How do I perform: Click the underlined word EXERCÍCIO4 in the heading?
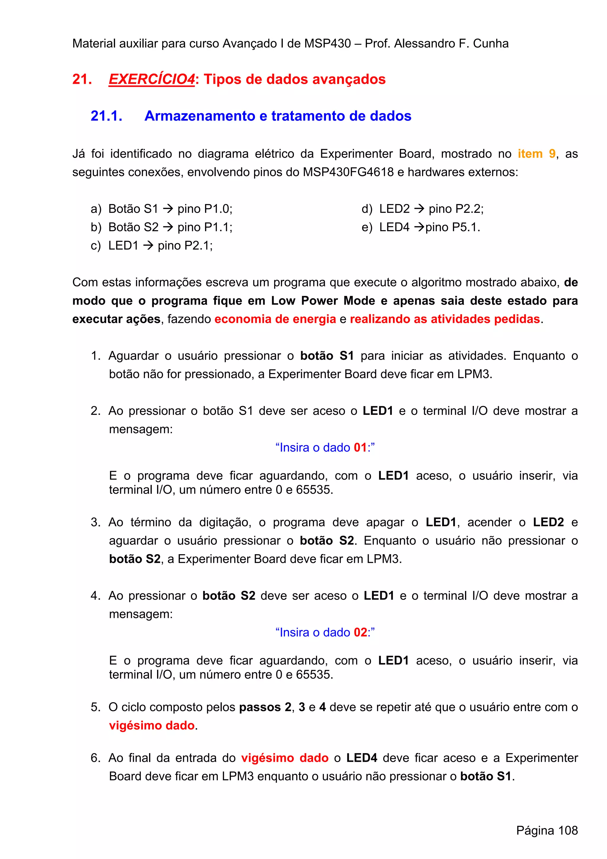[151, 79]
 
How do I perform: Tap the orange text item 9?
[536, 154]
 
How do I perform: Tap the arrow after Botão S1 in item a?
[168, 209]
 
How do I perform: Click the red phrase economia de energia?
[275, 319]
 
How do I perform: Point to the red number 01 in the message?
[360, 447]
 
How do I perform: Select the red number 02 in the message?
[360, 632]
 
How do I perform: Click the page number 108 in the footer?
[568, 830]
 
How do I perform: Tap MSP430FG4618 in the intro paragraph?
[348, 172]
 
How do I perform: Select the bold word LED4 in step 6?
[361, 758]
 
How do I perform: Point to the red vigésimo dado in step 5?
[151, 726]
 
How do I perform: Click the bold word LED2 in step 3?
[548, 522]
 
